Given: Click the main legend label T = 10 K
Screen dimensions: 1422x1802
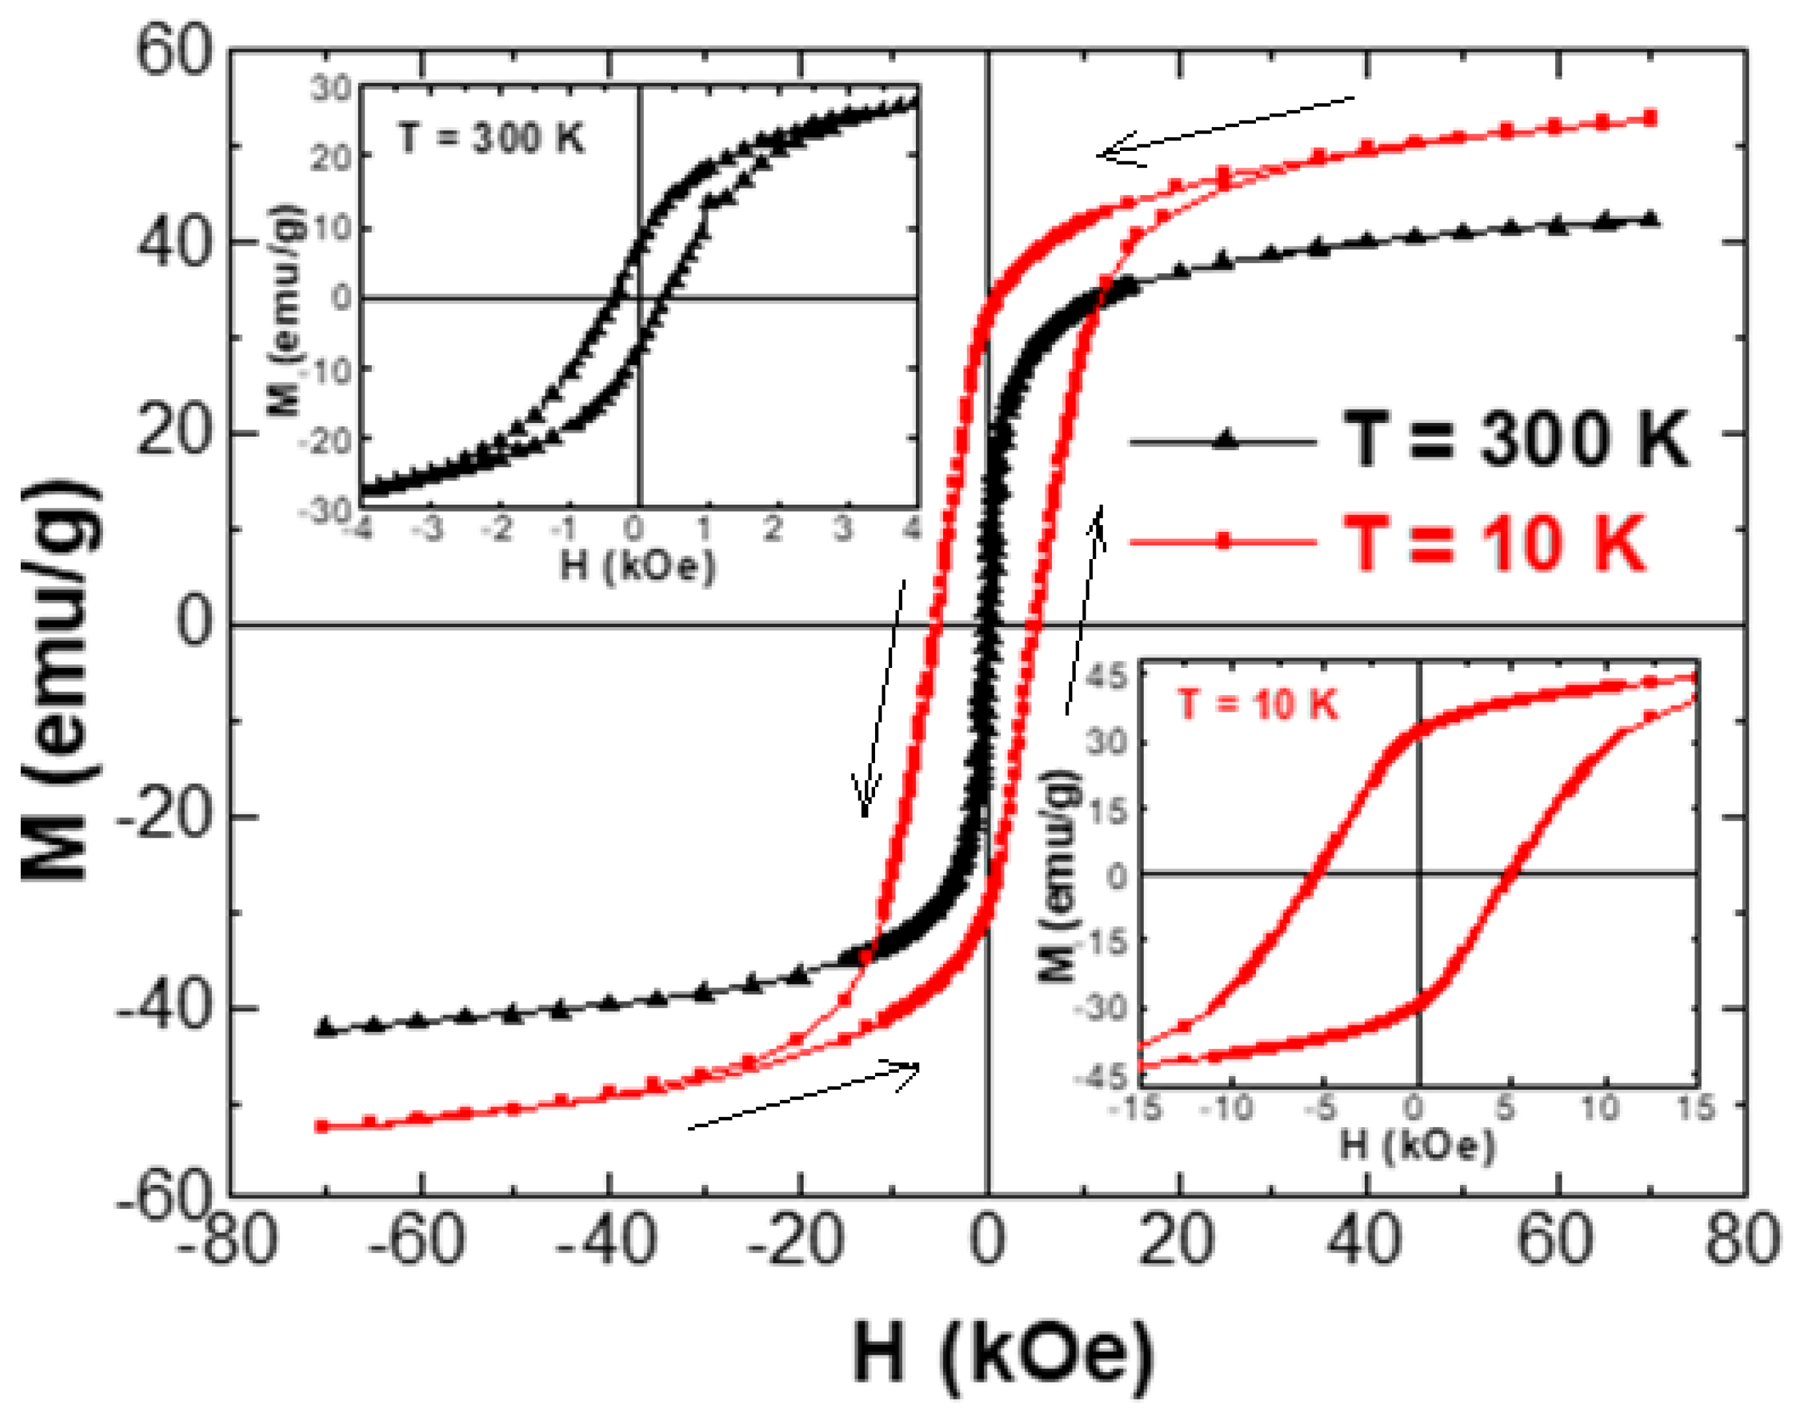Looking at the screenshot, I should click(x=1495, y=543).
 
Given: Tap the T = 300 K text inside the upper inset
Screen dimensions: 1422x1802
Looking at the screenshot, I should click(x=491, y=137).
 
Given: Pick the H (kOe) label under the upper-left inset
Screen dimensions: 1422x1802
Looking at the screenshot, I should click(x=637, y=567).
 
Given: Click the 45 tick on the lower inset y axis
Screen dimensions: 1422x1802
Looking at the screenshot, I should click(x=1107, y=676).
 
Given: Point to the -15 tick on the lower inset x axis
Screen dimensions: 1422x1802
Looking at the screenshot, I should click(x=1139, y=1109).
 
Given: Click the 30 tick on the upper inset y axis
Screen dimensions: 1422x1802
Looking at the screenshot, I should click(x=331, y=88).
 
